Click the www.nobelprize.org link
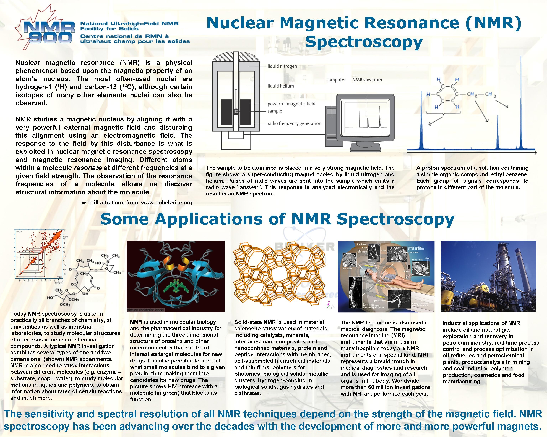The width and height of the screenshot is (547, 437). (166, 203)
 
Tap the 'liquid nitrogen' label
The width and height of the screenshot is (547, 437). (282, 66)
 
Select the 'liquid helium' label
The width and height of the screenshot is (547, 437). (281, 86)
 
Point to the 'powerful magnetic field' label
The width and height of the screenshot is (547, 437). (291, 104)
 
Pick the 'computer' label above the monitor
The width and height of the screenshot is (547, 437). (336, 80)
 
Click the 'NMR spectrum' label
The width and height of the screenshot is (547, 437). (367, 80)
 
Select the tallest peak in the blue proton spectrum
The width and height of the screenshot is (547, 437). (521, 107)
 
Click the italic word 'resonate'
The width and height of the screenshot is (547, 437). (88, 168)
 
